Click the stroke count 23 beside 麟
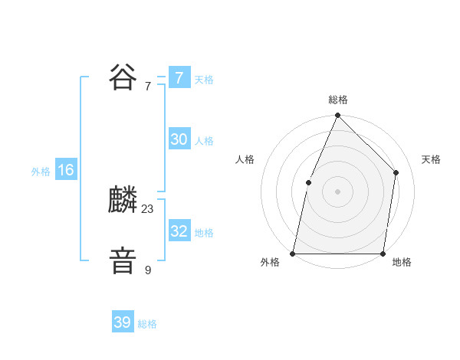pyautogui.click(x=148, y=209)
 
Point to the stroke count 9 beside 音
pyautogui.click(x=148, y=270)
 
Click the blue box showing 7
pyautogui.click(x=179, y=77)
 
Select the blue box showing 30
pyautogui.click(x=179, y=139)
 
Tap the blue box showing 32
pyautogui.click(x=179, y=231)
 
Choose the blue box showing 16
pyautogui.click(x=66, y=170)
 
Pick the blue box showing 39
pyautogui.click(x=123, y=322)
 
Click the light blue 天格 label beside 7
pyautogui.click(x=204, y=79)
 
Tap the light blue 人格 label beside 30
pyautogui.click(x=204, y=141)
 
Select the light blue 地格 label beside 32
pyautogui.click(x=204, y=233)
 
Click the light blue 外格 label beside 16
pyautogui.click(x=41, y=172)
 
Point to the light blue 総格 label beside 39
pyautogui.click(x=147, y=324)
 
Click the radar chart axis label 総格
pyautogui.click(x=337, y=100)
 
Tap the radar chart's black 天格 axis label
pyautogui.click(x=431, y=159)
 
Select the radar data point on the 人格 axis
pyautogui.click(x=308, y=182)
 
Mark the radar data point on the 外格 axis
pyautogui.click(x=293, y=253)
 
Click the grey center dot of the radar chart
pyautogui.click(x=337, y=191)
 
